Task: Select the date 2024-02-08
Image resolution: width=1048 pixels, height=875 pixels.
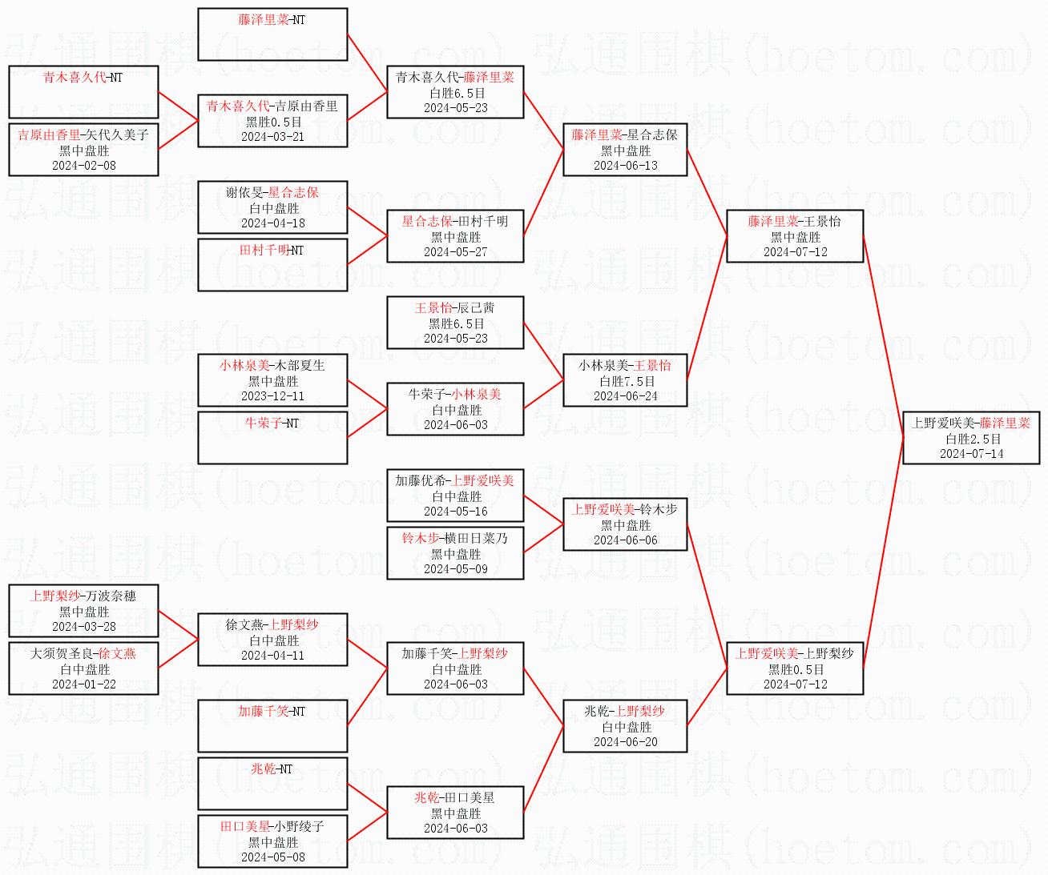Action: click(x=84, y=166)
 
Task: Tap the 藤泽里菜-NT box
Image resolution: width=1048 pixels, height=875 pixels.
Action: click(x=272, y=34)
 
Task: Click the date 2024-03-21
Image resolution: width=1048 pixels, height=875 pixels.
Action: click(x=272, y=137)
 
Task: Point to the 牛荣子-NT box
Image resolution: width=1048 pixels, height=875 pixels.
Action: click(x=272, y=437)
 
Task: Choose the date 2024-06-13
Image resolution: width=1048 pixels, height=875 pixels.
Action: click(x=625, y=166)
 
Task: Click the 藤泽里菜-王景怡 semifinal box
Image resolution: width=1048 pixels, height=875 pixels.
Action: click(x=795, y=236)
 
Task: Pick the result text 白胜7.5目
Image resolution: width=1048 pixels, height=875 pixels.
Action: click(x=625, y=382)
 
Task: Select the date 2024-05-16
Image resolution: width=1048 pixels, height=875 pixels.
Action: click(x=455, y=512)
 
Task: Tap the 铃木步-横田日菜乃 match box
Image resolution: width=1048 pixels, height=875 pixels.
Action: click(x=455, y=552)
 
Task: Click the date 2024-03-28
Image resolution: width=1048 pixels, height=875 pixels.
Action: click(x=84, y=627)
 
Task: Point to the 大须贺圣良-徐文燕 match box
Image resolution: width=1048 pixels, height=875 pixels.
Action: click(x=84, y=668)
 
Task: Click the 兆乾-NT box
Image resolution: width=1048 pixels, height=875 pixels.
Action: click(x=272, y=783)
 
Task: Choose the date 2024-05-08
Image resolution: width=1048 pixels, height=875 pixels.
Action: click(x=272, y=857)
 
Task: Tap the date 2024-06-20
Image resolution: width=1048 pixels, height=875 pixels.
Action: click(x=625, y=742)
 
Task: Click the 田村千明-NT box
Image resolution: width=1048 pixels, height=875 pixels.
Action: click(x=272, y=264)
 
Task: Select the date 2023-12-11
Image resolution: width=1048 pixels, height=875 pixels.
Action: click(x=272, y=396)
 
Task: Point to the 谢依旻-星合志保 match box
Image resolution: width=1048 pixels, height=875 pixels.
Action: click(x=272, y=207)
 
